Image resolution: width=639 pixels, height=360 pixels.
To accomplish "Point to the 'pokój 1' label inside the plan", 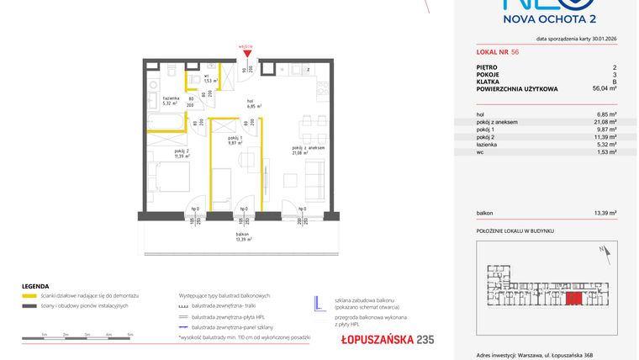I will [x=235, y=140].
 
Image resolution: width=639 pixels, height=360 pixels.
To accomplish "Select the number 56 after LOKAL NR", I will [x=515, y=51].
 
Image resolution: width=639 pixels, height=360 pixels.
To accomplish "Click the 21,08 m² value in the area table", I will [x=605, y=122].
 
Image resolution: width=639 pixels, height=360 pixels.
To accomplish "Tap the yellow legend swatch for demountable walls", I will [x=28, y=297].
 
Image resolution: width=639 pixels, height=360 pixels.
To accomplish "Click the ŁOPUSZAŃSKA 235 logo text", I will [x=376, y=340].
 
